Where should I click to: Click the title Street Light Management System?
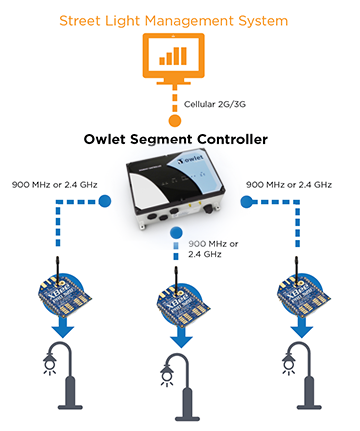(x=180, y=18)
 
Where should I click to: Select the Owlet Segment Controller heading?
(x=180, y=140)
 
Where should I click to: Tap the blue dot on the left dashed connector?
(x=105, y=201)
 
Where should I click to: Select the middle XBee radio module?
(x=180, y=297)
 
